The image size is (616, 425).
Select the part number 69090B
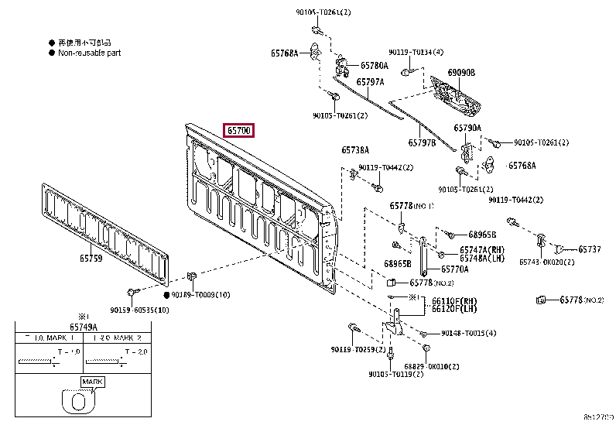[x=461, y=73]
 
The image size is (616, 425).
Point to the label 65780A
[x=372, y=66]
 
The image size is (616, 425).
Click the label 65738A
[x=355, y=150]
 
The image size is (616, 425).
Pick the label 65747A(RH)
[x=481, y=250]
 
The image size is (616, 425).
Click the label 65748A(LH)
[x=481, y=259]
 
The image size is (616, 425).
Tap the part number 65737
[x=589, y=249]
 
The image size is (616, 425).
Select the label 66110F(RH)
[x=453, y=301]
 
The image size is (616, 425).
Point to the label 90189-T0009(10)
[x=200, y=295]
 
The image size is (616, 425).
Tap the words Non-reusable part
[x=89, y=53]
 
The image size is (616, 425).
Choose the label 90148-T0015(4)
[x=469, y=333]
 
